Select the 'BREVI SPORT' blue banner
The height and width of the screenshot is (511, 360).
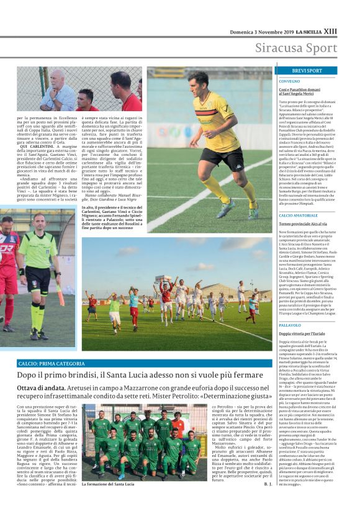pos(306,71)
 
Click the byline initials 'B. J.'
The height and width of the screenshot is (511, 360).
pos(268,483)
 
